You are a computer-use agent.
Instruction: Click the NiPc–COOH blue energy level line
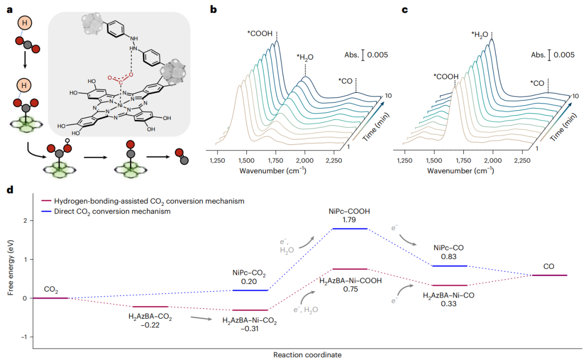click(x=350, y=229)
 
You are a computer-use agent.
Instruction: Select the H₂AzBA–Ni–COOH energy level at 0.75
click(x=350, y=269)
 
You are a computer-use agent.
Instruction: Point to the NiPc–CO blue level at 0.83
click(x=449, y=266)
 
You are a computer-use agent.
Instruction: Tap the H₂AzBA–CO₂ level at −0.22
click(x=150, y=307)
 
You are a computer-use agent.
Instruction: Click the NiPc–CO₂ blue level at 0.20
click(x=250, y=290)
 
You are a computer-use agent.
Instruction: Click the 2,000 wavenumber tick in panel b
click(x=305, y=161)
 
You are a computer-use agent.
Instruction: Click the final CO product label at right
click(x=549, y=267)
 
